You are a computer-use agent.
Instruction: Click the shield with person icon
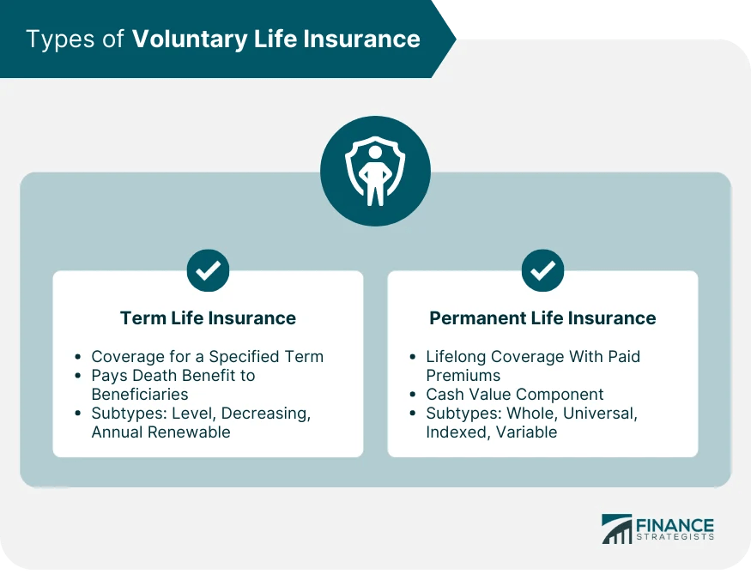click(x=375, y=171)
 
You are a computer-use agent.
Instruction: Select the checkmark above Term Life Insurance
click(x=208, y=271)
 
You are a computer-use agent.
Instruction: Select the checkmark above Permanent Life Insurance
click(x=542, y=271)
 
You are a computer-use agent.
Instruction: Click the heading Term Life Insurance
click(x=208, y=318)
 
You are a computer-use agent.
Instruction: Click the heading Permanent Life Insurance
click(x=542, y=318)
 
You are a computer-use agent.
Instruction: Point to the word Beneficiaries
click(x=140, y=394)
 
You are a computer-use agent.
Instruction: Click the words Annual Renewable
click(x=160, y=432)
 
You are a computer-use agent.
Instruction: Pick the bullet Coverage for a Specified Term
click(x=207, y=356)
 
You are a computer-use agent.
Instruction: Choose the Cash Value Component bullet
click(x=514, y=395)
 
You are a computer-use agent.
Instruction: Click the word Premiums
click(x=463, y=375)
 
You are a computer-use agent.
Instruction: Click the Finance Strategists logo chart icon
click(x=615, y=529)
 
